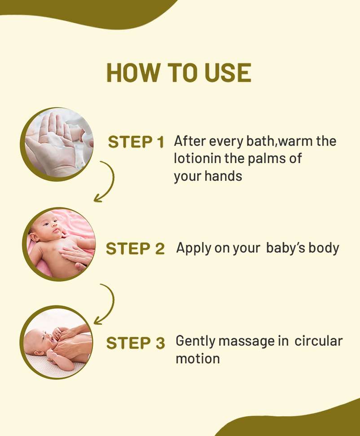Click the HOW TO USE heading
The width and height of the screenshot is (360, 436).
[179, 73]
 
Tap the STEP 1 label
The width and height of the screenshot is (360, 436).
[136, 142]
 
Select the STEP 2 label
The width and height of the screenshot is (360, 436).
[135, 249]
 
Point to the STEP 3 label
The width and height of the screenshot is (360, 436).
[136, 343]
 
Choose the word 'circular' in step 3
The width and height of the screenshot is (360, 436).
[318, 341]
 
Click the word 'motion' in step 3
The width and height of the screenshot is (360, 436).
[198, 359]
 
